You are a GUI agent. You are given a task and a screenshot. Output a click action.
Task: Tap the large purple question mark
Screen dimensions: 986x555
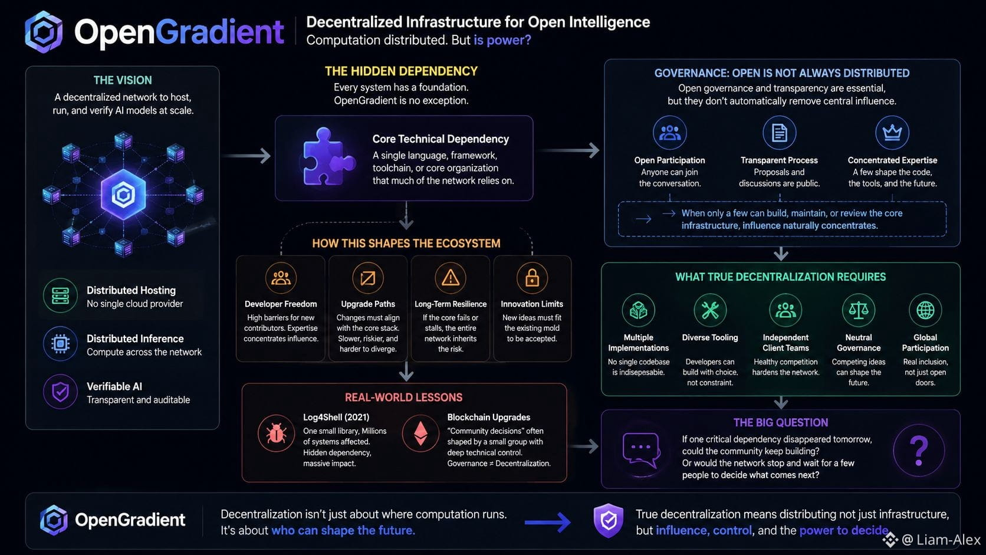(x=919, y=450)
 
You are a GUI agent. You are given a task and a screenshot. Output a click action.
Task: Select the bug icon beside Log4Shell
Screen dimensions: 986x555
(x=276, y=434)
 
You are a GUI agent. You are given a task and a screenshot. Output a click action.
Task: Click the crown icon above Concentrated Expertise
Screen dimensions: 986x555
(x=892, y=132)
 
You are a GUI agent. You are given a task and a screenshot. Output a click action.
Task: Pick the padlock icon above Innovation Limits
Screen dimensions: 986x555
(x=532, y=278)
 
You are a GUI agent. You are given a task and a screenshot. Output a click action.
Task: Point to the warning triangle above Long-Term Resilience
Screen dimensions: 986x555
(x=451, y=278)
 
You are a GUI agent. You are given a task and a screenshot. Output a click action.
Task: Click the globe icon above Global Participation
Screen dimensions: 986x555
(x=925, y=310)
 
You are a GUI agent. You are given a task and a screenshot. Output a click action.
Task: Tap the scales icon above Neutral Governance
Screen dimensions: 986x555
(x=859, y=310)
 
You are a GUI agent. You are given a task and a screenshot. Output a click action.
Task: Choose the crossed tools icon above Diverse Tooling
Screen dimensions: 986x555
(x=710, y=310)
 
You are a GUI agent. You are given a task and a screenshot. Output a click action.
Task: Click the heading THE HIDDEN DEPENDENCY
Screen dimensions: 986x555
(x=401, y=71)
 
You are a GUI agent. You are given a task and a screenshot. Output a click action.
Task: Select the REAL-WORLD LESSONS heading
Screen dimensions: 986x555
(x=403, y=398)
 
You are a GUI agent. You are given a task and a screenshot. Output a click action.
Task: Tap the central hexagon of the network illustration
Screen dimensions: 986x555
(x=123, y=194)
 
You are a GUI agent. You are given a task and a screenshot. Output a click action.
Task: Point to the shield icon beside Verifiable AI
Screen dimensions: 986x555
(x=60, y=391)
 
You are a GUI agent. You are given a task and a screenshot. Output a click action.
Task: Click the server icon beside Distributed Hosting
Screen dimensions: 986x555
(x=60, y=295)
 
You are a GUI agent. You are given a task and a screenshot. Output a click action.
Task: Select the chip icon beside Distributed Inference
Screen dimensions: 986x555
(x=60, y=343)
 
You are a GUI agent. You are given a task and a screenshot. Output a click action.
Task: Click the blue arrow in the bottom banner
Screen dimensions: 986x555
(x=548, y=523)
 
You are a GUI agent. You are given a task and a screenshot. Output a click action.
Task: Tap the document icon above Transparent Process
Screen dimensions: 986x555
(x=779, y=132)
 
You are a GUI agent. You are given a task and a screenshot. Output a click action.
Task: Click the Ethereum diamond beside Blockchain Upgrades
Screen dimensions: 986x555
(x=420, y=434)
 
